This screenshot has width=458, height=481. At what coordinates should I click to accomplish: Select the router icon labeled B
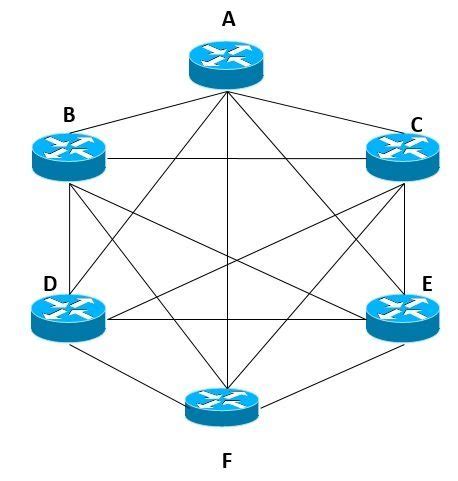pyautogui.click(x=68, y=154)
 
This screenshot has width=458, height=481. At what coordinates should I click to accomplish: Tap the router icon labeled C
pyautogui.click(x=402, y=155)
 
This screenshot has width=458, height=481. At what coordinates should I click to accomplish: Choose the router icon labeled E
pyautogui.click(x=402, y=316)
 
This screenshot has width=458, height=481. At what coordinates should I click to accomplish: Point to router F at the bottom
pyautogui.click(x=222, y=405)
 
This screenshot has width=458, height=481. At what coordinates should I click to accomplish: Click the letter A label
pyautogui.click(x=229, y=18)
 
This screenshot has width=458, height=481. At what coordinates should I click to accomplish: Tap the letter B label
pyautogui.click(x=69, y=115)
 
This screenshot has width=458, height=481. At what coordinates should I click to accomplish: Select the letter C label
pyautogui.click(x=416, y=124)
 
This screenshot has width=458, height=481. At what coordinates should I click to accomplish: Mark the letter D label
pyautogui.click(x=50, y=284)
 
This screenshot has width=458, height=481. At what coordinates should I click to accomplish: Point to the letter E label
pyautogui.click(x=427, y=284)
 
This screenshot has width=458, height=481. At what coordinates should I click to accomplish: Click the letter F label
pyautogui.click(x=227, y=461)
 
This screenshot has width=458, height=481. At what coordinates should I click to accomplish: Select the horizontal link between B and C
pyautogui.click(x=235, y=159)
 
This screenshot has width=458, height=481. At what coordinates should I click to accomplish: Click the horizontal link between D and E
pyautogui.click(x=235, y=321)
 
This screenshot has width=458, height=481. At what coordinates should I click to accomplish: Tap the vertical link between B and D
pyautogui.click(x=68, y=240)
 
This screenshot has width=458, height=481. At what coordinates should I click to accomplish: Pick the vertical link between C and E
pyautogui.click(x=402, y=240)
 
